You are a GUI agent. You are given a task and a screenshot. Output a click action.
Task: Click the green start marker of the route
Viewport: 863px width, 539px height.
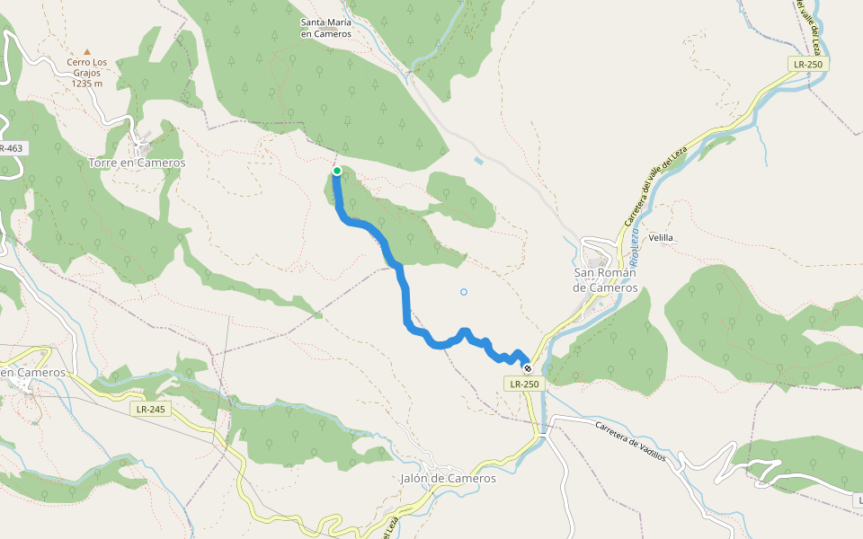pos(337,171)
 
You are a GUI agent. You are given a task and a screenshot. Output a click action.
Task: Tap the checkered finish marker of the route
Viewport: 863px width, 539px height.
pos(528,368)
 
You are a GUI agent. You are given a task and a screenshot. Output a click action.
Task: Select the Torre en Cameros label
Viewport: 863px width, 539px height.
pos(137,163)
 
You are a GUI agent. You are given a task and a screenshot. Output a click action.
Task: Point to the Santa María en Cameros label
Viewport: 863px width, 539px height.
pos(325,28)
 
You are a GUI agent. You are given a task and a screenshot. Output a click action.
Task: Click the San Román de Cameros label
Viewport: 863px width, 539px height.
pos(605,280)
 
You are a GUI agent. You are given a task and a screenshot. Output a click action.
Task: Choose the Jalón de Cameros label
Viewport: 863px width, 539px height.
pos(448,478)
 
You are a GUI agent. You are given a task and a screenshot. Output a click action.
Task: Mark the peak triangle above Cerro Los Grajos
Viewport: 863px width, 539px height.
pos(87,53)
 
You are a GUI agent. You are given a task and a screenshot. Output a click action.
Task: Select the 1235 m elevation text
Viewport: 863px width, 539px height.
pos(87,84)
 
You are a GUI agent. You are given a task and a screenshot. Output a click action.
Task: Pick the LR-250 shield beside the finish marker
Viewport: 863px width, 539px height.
pos(524,384)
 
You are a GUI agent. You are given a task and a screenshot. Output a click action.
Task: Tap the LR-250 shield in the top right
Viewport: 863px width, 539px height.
pos(808,64)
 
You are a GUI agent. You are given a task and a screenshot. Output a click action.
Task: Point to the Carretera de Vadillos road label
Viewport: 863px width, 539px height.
pos(630,440)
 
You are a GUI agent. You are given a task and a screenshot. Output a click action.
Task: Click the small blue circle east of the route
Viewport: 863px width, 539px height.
pos(464,291)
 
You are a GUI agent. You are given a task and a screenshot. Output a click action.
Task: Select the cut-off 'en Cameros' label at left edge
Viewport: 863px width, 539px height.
pos(32,372)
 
